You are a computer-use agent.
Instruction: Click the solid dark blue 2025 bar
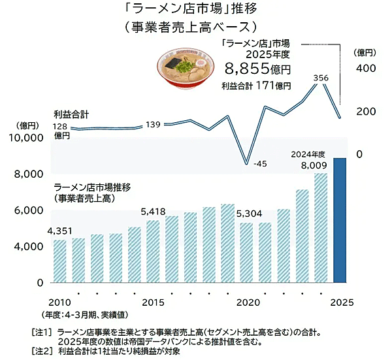340,220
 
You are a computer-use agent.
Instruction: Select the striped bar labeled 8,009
321,228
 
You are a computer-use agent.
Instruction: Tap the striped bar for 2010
60,261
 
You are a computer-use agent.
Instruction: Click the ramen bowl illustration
186,68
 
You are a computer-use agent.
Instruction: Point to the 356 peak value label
321,78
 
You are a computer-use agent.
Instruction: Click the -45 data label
260,164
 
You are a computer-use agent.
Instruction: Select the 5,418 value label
153,212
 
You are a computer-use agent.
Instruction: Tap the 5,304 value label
250,214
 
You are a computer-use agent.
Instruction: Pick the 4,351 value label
60,231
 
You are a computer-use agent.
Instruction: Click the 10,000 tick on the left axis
26,137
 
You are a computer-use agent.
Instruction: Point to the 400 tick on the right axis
366,68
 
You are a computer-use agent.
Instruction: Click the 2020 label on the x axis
248,303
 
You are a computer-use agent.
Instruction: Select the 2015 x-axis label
153,303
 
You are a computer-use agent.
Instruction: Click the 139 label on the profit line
153,125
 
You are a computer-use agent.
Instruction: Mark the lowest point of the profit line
246,164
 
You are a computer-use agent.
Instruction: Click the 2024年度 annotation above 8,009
308,154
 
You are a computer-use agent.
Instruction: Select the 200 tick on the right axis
366,111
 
